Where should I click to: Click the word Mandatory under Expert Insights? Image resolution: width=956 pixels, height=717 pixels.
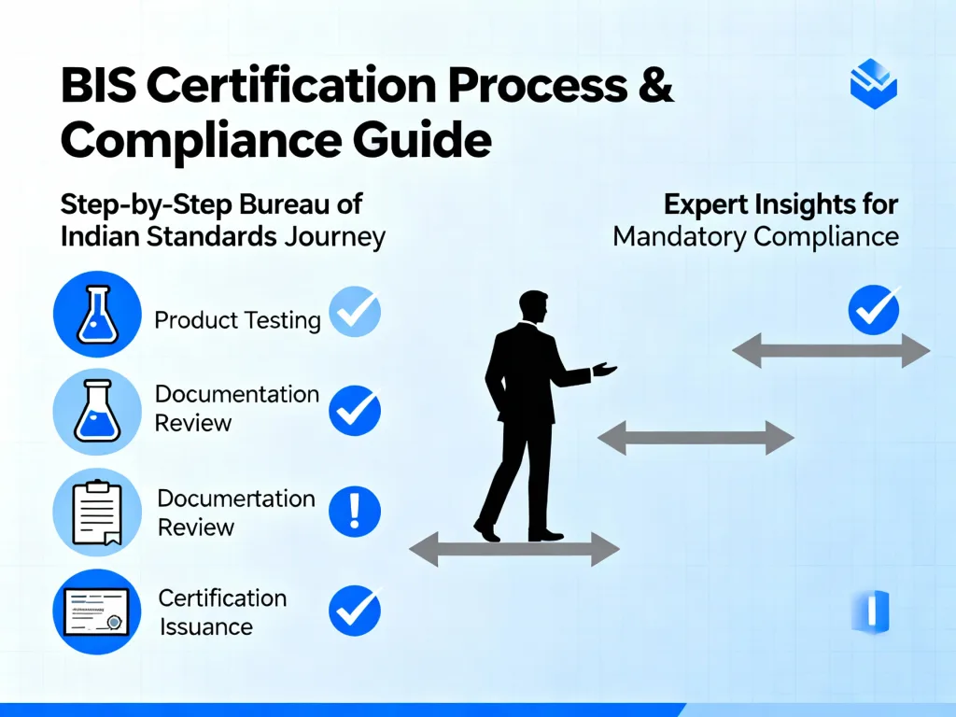(679, 236)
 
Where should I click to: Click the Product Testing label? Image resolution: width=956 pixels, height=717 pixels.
(237, 320)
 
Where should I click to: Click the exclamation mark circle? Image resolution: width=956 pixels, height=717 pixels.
(355, 512)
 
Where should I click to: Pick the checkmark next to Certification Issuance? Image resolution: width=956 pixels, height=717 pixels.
(355, 611)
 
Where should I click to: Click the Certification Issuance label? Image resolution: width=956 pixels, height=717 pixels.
(222, 612)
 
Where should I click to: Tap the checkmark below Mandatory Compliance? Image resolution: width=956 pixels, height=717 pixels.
(873, 310)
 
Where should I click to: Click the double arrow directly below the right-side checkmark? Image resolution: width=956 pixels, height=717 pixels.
(831, 351)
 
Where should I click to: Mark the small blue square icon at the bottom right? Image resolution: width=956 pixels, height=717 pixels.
(871, 612)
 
